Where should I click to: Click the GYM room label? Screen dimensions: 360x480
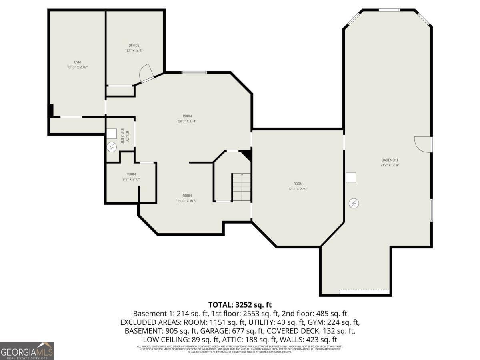(x=77, y=62)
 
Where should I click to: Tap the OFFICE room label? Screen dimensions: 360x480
(x=134, y=45)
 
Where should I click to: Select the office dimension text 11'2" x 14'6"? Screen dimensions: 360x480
(x=134, y=51)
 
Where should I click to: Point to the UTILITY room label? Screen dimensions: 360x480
(x=127, y=137)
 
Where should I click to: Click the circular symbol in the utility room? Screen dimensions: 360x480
(x=112, y=148)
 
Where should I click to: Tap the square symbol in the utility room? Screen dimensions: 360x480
(x=112, y=133)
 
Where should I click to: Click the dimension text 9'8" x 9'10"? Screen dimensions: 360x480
(x=131, y=180)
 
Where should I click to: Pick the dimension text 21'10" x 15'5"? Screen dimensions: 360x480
(x=187, y=201)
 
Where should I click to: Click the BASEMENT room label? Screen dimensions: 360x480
(x=390, y=160)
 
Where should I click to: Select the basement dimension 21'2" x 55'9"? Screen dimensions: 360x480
(x=390, y=165)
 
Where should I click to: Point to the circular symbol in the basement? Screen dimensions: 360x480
(x=354, y=204)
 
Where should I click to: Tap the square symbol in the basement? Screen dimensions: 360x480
(x=351, y=178)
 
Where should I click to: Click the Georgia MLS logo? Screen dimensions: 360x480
(x=27, y=351)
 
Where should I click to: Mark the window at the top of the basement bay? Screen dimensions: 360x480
(x=389, y=10)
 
